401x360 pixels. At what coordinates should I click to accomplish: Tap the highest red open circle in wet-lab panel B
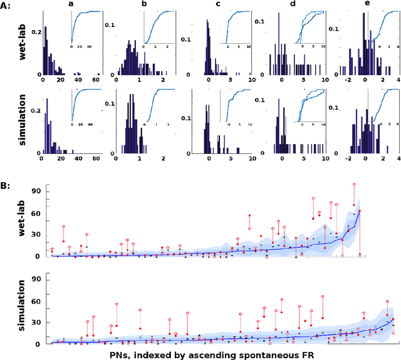click(354, 185)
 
